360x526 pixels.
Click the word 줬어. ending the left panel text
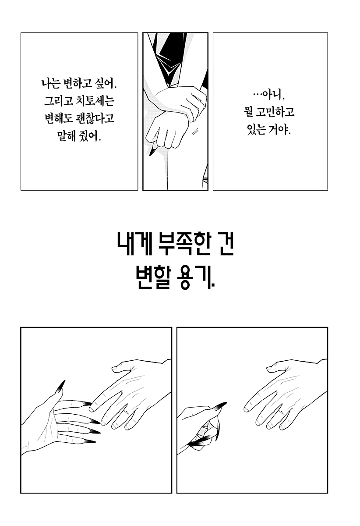pos(90,136)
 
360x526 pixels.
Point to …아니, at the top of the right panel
pos(269,95)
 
